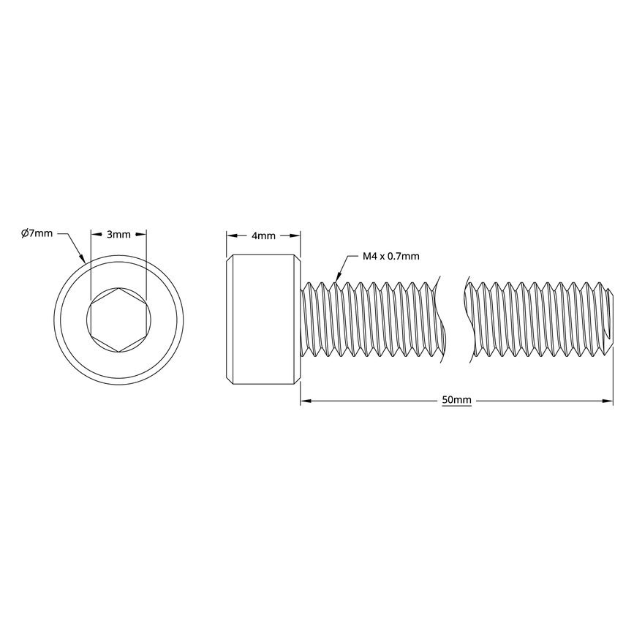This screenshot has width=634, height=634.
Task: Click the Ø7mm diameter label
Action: pyautogui.click(x=37, y=233)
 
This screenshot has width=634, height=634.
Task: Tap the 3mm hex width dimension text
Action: pyautogui.click(x=118, y=235)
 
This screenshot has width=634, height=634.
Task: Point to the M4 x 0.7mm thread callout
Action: pyautogui.click(x=391, y=256)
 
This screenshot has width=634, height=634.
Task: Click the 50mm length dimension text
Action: pyautogui.click(x=456, y=401)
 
